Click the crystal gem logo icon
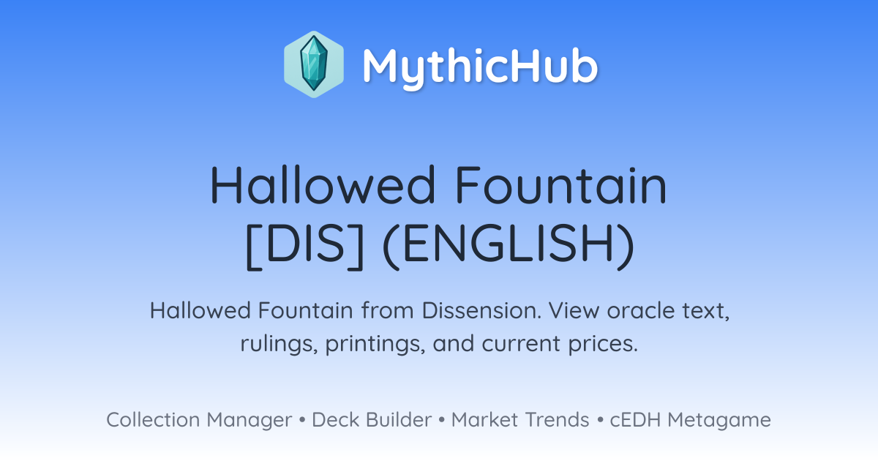[x=314, y=64]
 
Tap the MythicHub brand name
[x=481, y=68]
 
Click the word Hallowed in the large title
[x=323, y=184]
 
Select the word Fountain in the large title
[x=561, y=184]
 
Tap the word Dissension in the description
[x=481, y=310]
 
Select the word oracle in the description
[x=640, y=310]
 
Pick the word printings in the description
[x=375, y=344]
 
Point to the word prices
[x=603, y=344]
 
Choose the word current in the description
[x=521, y=344]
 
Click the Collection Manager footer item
[x=199, y=420]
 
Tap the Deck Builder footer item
[x=372, y=420]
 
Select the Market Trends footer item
[x=520, y=420]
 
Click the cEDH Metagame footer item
[x=690, y=420]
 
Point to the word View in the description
[x=574, y=310]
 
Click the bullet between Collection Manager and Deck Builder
[x=301, y=420]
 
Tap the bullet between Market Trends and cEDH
[x=600, y=420]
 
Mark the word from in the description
[x=388, y=310]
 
